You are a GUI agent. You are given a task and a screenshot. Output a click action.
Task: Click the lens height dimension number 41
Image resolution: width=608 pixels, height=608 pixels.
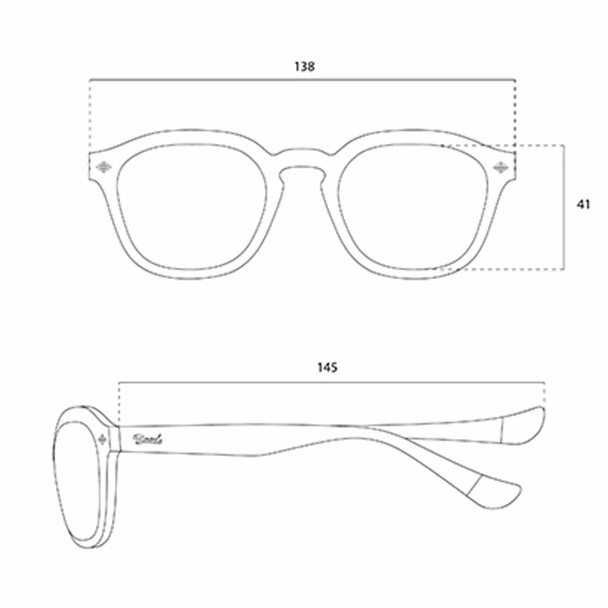[x=583, y=205]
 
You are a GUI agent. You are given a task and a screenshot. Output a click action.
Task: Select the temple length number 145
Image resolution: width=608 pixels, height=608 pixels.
[x=326, y=367]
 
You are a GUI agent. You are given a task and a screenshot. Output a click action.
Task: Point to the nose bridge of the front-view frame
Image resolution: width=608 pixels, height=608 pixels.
[x=302, y=159]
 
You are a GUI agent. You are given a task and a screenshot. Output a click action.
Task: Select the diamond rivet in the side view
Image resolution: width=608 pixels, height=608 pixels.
[x=103, y=438]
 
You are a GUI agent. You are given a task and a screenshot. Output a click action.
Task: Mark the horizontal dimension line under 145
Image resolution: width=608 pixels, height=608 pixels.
[x=331, y=382]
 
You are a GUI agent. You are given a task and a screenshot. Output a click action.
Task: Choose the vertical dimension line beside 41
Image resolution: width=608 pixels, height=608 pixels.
[x=565, y=207]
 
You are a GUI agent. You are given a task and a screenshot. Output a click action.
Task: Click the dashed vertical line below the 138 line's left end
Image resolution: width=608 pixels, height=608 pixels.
[x=90, y=116]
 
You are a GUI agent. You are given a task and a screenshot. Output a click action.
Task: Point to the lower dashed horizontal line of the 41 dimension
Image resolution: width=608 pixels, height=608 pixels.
[x=505, y=268]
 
